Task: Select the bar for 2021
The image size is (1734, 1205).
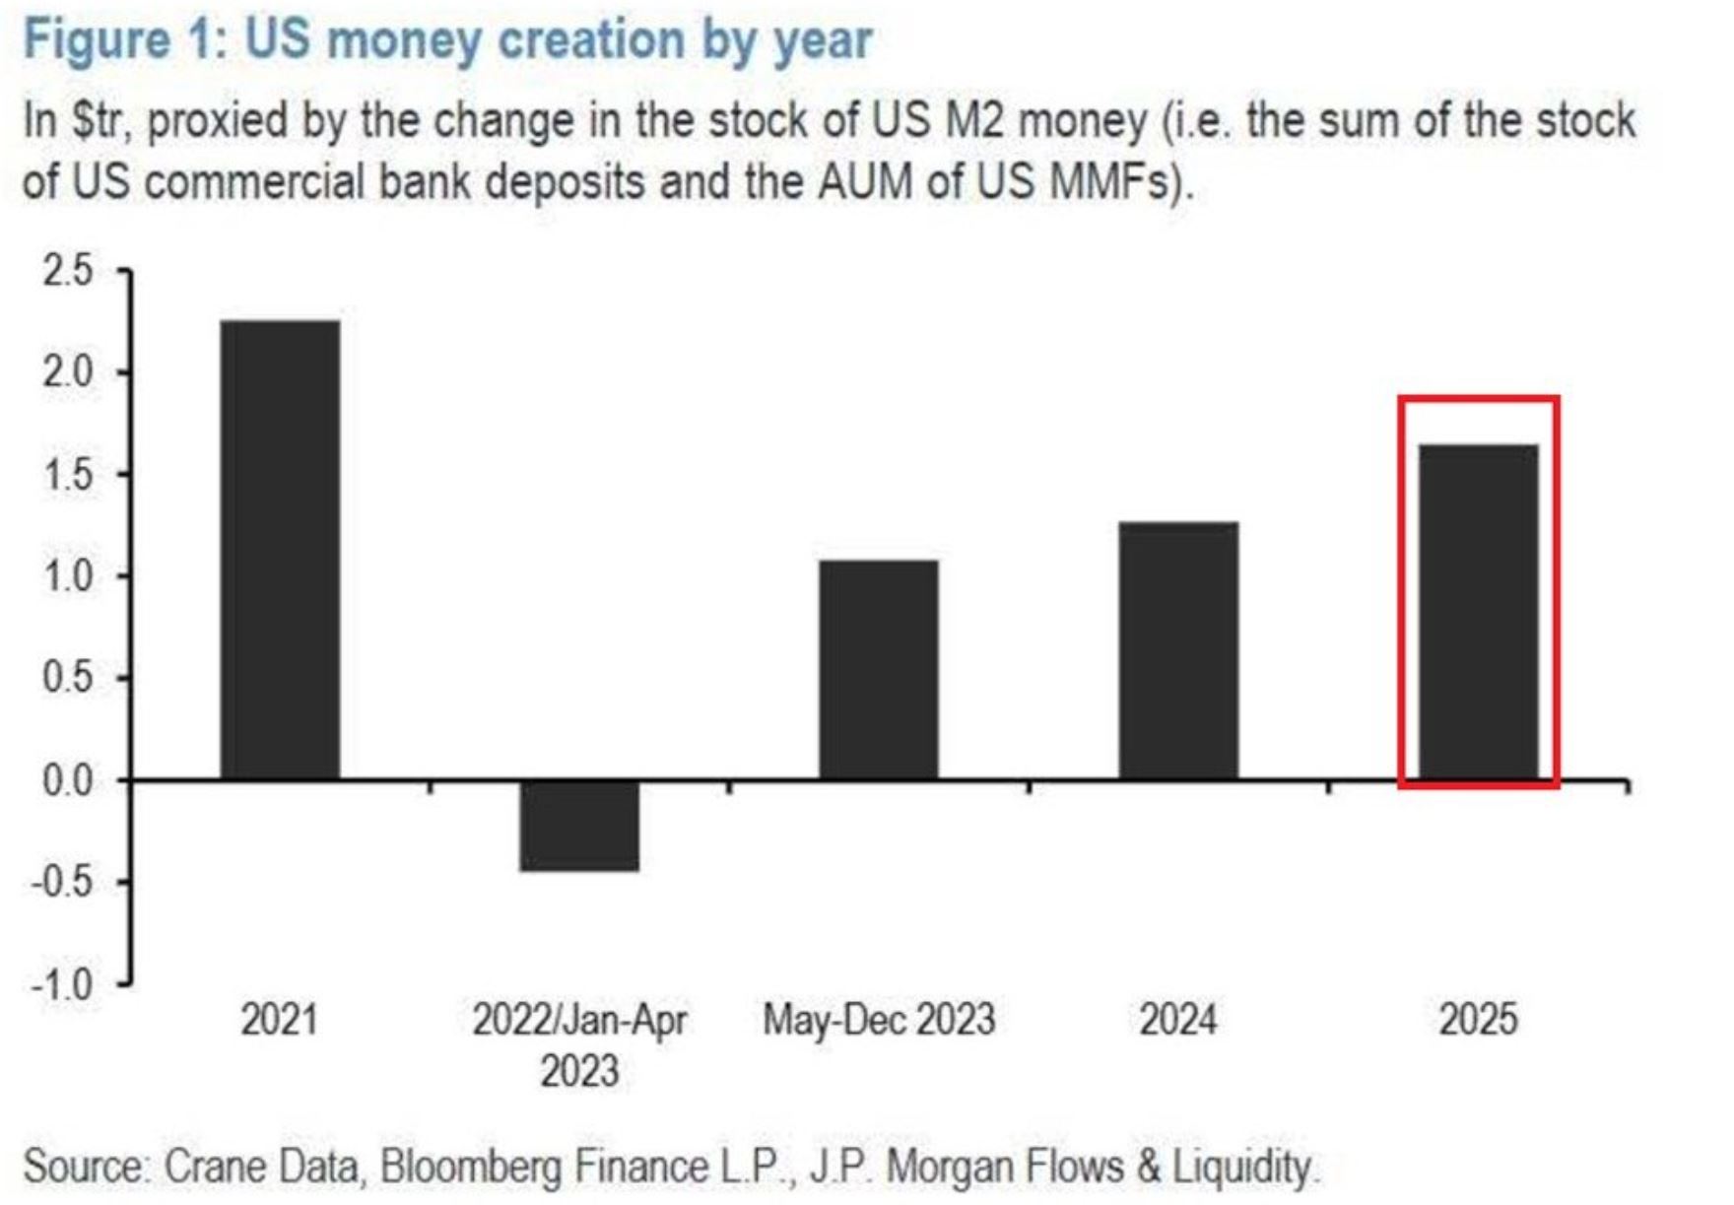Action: coord(280,550)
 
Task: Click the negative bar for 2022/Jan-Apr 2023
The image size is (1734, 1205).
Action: coord(579,826)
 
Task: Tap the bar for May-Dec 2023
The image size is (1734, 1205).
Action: coord(879,670)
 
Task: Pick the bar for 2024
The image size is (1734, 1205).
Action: coord(1178,650)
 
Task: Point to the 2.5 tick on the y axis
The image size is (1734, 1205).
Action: coord(68,271)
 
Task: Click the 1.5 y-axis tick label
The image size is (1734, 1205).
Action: coord(68,475)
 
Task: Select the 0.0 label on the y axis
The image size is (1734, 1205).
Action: coord(68,780)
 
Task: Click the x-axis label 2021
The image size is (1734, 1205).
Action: coord(280,1020)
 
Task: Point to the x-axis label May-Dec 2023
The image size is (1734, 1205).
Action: coord(879,1020)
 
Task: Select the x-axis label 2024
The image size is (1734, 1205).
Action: coord(1178,1020)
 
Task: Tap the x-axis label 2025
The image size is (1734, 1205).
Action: coord(1478,1020)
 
